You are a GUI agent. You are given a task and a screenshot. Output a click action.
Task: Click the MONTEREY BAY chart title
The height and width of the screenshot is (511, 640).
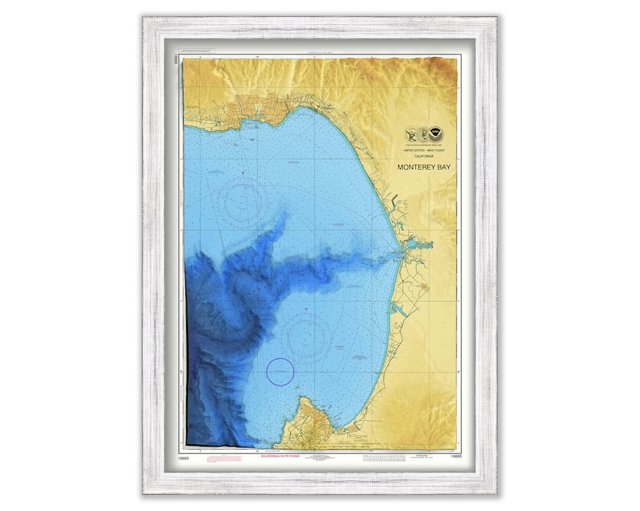[424, 168]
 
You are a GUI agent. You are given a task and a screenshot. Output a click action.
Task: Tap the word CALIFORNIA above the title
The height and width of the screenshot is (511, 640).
[423, 157]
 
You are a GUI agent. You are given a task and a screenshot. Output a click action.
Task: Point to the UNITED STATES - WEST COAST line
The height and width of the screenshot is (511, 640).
[423, 151]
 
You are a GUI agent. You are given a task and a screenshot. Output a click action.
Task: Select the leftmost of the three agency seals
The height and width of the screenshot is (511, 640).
[412, 134]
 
